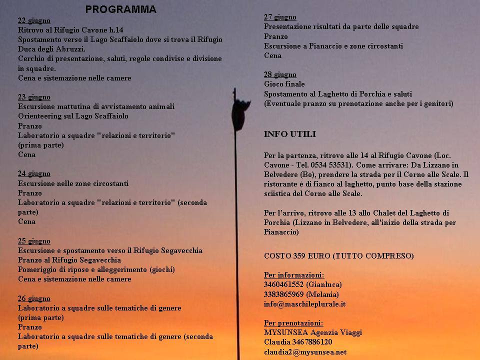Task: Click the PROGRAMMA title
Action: coord(120,9)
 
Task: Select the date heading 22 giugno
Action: coord(34,20)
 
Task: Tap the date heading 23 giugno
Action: coord(34,97)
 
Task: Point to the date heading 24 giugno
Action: coord(34,173)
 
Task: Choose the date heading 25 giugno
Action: coord(34,241)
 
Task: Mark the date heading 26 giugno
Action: coord(34,298)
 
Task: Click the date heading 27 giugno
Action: coord(280,17)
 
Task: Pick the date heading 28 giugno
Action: coord(280,74)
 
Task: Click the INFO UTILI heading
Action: coord(290,134)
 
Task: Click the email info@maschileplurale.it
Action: coord(304,303)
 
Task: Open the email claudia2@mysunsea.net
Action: coord(305,351)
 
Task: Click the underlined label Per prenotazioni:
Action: coord(293,323)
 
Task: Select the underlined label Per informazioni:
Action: coord(293,275)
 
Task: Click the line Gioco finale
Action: coord(284,84)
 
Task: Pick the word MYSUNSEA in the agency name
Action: coord(282,332)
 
